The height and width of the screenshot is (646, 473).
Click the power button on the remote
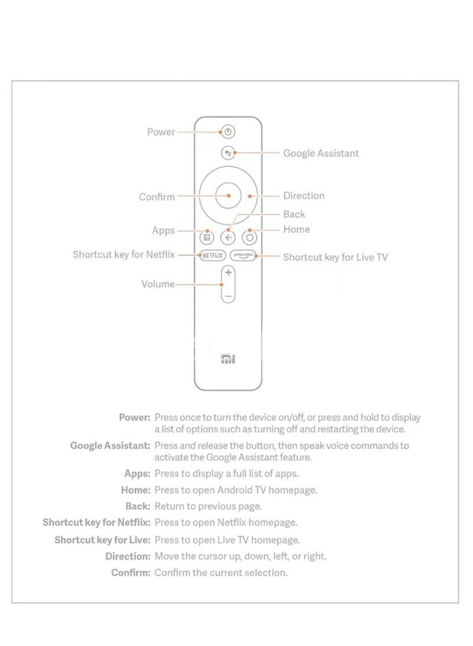229,132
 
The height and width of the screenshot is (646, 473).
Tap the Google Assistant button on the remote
228,153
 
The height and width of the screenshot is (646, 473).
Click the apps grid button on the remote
206,238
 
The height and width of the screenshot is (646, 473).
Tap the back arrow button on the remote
228,238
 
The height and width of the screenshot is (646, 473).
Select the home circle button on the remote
250,238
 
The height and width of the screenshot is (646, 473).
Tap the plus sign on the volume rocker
228,273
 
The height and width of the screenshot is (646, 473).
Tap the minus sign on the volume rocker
228,294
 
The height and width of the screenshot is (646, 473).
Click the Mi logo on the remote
228,358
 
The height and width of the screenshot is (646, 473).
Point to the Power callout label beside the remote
161,132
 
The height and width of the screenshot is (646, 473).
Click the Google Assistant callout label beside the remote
321,153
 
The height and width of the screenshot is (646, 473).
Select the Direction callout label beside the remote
304,196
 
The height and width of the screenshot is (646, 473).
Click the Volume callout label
158,284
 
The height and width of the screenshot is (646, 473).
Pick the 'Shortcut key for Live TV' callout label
335,257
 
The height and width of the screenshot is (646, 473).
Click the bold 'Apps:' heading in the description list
137,473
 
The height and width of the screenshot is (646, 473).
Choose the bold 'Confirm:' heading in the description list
131,573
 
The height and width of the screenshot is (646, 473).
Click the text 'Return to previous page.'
208,506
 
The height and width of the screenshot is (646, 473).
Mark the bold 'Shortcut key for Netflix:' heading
96,523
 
